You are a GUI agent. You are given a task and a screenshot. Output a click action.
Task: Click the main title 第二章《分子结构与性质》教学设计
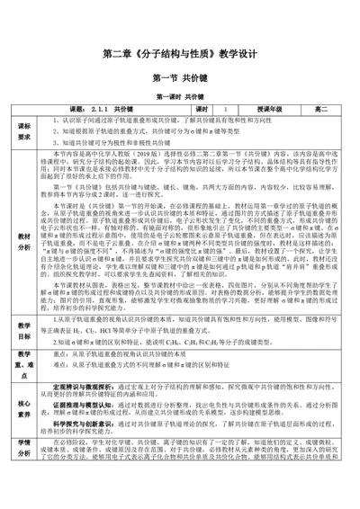[x=180, y=55]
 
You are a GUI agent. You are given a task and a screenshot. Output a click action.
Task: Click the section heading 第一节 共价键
[x=180, y=77]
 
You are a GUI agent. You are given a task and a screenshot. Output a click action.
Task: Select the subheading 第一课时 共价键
[x=180, y=95]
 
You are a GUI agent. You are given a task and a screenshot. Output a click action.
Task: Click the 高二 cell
[x=320, y=109]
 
